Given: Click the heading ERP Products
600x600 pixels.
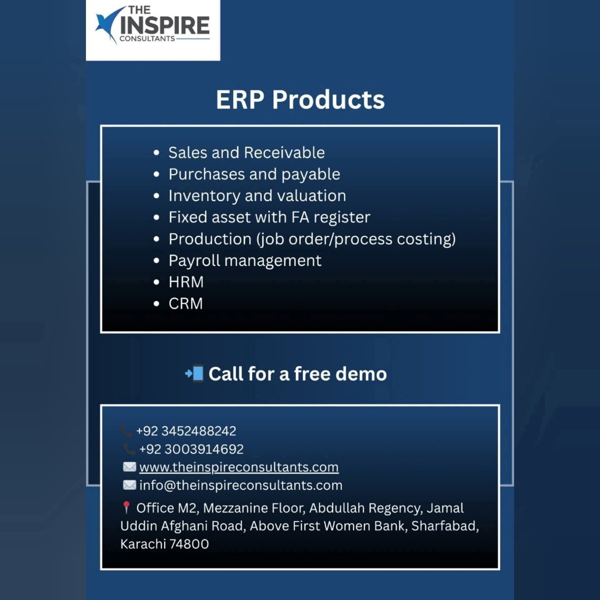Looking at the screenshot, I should click(300, 99).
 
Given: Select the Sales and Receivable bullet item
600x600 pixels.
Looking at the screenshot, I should click(246, 152).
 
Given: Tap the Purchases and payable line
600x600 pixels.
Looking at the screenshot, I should click(254, 174).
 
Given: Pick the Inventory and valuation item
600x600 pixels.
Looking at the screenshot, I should click(257, 195).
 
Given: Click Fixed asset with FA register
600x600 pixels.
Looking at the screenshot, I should click(269, 217).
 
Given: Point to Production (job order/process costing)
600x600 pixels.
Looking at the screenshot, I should click(312, 239).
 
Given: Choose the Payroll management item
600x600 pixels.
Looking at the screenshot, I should click(244, 260).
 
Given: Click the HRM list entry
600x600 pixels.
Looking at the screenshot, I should click(185, 282).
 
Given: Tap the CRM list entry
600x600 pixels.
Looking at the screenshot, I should click(185, 303).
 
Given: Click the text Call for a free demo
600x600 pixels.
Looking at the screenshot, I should click(297, 374).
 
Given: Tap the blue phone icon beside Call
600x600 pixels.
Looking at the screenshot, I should click(194, 373).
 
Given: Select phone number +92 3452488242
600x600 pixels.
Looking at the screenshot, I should click(186, 431).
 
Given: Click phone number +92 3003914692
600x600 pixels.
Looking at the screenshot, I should click(191, 449).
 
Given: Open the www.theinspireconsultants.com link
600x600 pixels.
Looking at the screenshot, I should click(238, 467).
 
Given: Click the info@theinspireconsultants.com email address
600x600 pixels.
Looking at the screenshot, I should click(240, 485).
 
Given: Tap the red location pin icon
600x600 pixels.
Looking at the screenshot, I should click(126, 507).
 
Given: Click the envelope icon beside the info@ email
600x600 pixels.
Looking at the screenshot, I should click(129, 485).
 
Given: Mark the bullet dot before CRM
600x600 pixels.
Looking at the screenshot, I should click(156, 303).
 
